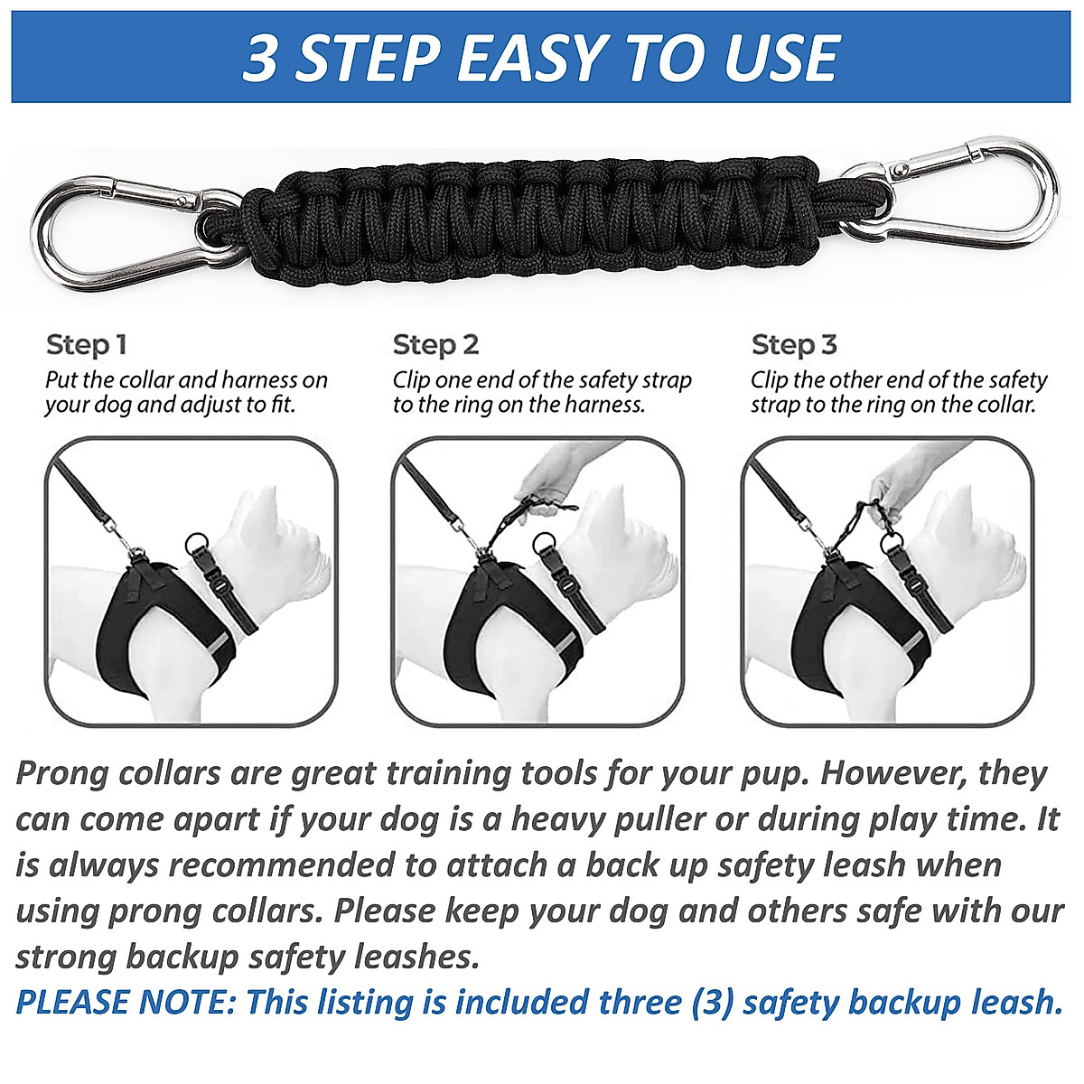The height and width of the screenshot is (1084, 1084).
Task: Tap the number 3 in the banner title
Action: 260,60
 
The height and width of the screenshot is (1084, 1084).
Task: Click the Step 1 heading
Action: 86,345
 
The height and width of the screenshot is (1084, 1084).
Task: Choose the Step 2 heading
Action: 435,345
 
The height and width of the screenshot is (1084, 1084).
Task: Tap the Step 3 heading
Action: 794,345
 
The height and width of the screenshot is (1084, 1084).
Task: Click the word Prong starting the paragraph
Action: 70,774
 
